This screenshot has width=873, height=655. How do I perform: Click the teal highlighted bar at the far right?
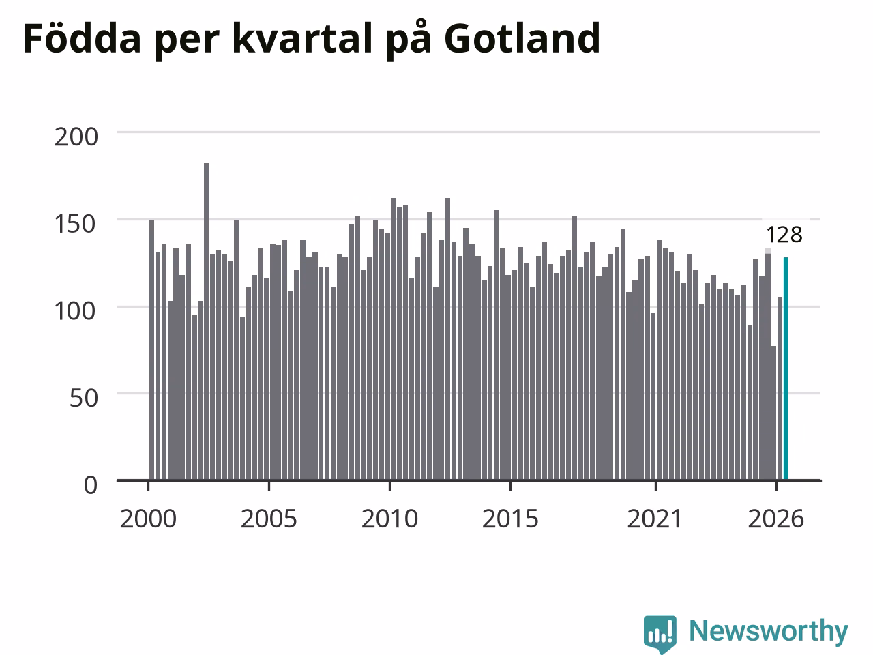pyautogui.click(x=786, y=368)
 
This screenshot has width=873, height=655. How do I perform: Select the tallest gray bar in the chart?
pyautogui.click(x=206, y=321)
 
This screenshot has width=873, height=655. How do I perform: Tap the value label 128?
pyautogui.click(x=784, y=235)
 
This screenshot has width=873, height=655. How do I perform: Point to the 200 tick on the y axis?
pyautogui.click(x=76, y=137)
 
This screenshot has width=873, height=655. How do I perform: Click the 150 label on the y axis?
pyautogui.click(x=76, y=224)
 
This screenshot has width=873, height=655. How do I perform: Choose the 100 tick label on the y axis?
pyautogui.click(x=76, y=311)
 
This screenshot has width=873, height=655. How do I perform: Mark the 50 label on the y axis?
pyautogui.click(x=83, y=398)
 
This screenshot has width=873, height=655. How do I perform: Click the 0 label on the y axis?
pyautogui.click(x=91, y=485)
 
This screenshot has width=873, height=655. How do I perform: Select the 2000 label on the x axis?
pyautogui.click(x=148, y=519)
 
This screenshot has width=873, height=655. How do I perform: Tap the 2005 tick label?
pyautogui.click(x=269, y=519)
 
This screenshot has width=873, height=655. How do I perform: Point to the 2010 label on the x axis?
pyautogui.click(x=389, y=519)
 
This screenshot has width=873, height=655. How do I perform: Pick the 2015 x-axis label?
pyautogui.click(x=510, y=519)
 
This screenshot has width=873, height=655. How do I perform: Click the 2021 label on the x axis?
pyautogui.click(x=655, y=519)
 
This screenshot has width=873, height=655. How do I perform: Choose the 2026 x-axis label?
pyautogui.click(x=776, y=519)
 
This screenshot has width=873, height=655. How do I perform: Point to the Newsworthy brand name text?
pyautogui.click(x=769, y=631)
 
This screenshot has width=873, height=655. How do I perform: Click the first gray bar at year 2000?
pyautogui.click(x=151, y=350)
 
